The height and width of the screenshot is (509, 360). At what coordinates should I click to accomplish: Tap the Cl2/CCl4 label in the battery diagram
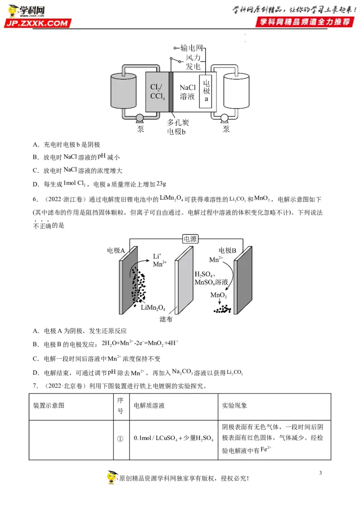(157, 91)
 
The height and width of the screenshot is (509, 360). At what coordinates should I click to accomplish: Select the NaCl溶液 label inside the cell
(187, 91)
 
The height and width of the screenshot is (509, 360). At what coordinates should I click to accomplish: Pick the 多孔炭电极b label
(176, 127)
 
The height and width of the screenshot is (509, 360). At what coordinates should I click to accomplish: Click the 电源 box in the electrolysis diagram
(190, 239)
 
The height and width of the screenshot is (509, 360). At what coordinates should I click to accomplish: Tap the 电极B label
(228, 250)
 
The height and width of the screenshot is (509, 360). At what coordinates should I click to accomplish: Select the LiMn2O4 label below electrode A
(153, 308)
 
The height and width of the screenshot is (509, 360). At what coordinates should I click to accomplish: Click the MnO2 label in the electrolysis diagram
(219, 295)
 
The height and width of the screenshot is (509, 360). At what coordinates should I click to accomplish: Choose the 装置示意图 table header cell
(49, 406)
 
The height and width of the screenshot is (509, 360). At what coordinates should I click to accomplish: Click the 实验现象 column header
(234, 406)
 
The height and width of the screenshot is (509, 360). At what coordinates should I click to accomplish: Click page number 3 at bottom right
(320, 473)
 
